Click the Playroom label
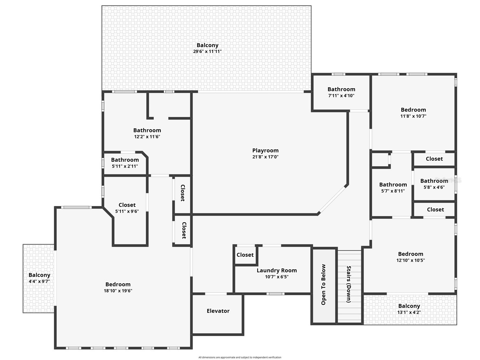(265, 151)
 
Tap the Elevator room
(218, 311)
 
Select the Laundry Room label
(277, 270)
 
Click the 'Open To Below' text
(323, 285)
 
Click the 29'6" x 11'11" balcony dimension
(207, 51)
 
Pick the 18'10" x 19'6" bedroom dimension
(118, 291)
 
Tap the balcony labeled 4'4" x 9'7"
(39, 278)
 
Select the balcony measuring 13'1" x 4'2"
(409, 309)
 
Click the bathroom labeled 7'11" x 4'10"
(341, 92)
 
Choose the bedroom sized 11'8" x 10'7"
(413, 113)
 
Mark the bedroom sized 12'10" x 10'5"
(410, 257)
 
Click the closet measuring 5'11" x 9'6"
(127, 208)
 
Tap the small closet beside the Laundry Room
(245, 255)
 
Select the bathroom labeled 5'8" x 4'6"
(434, 184)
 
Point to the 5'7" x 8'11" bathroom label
(393, 191)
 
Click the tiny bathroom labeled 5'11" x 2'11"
(125, 163)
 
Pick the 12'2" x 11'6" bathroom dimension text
(147, 137)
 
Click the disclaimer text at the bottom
(240, 357)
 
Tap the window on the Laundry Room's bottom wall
(275, 294)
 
